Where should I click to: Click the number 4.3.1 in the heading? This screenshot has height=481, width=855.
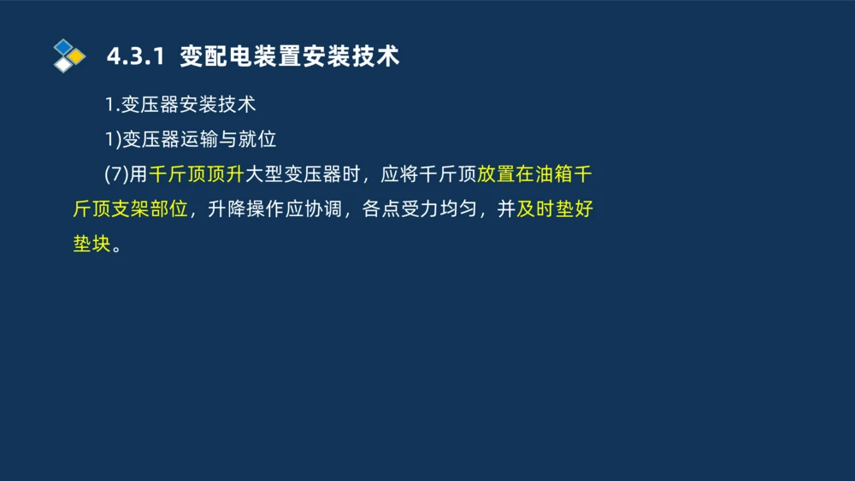134,57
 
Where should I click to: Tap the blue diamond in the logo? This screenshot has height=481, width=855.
63,46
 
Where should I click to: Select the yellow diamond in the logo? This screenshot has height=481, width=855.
77,56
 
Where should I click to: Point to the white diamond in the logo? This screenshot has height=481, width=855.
63,65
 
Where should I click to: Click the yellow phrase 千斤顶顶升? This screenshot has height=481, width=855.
197,174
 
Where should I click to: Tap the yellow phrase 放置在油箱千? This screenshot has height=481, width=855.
534,174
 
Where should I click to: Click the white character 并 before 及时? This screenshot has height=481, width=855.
506,209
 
